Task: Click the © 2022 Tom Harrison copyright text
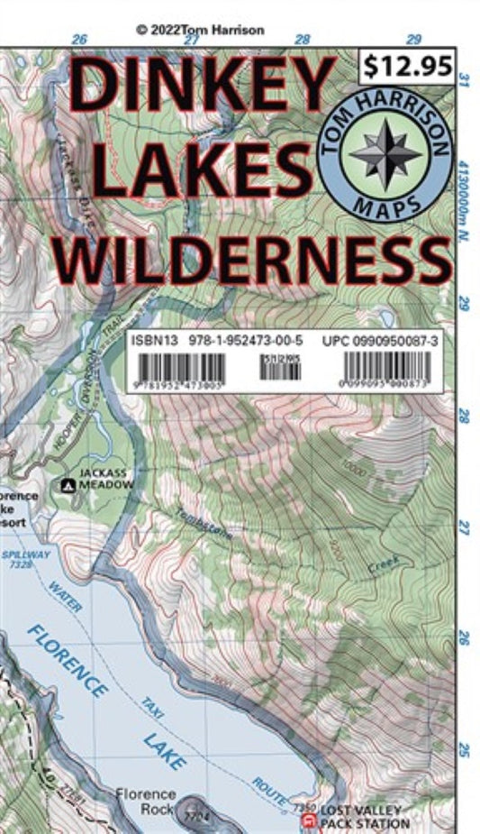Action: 201,30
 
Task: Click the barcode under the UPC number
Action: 387,367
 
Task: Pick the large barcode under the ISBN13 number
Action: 180,367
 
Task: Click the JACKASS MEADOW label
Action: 105,479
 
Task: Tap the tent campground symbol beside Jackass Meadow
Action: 68,485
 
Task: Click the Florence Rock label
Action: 145,801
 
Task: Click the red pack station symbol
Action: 309,819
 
